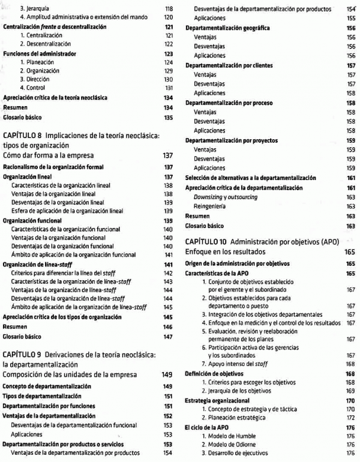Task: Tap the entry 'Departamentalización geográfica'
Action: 227,28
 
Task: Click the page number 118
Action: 169,9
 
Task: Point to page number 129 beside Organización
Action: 169,71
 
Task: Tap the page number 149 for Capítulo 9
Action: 167,375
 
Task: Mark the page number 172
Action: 351,417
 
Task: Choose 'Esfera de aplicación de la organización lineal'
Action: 67,211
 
